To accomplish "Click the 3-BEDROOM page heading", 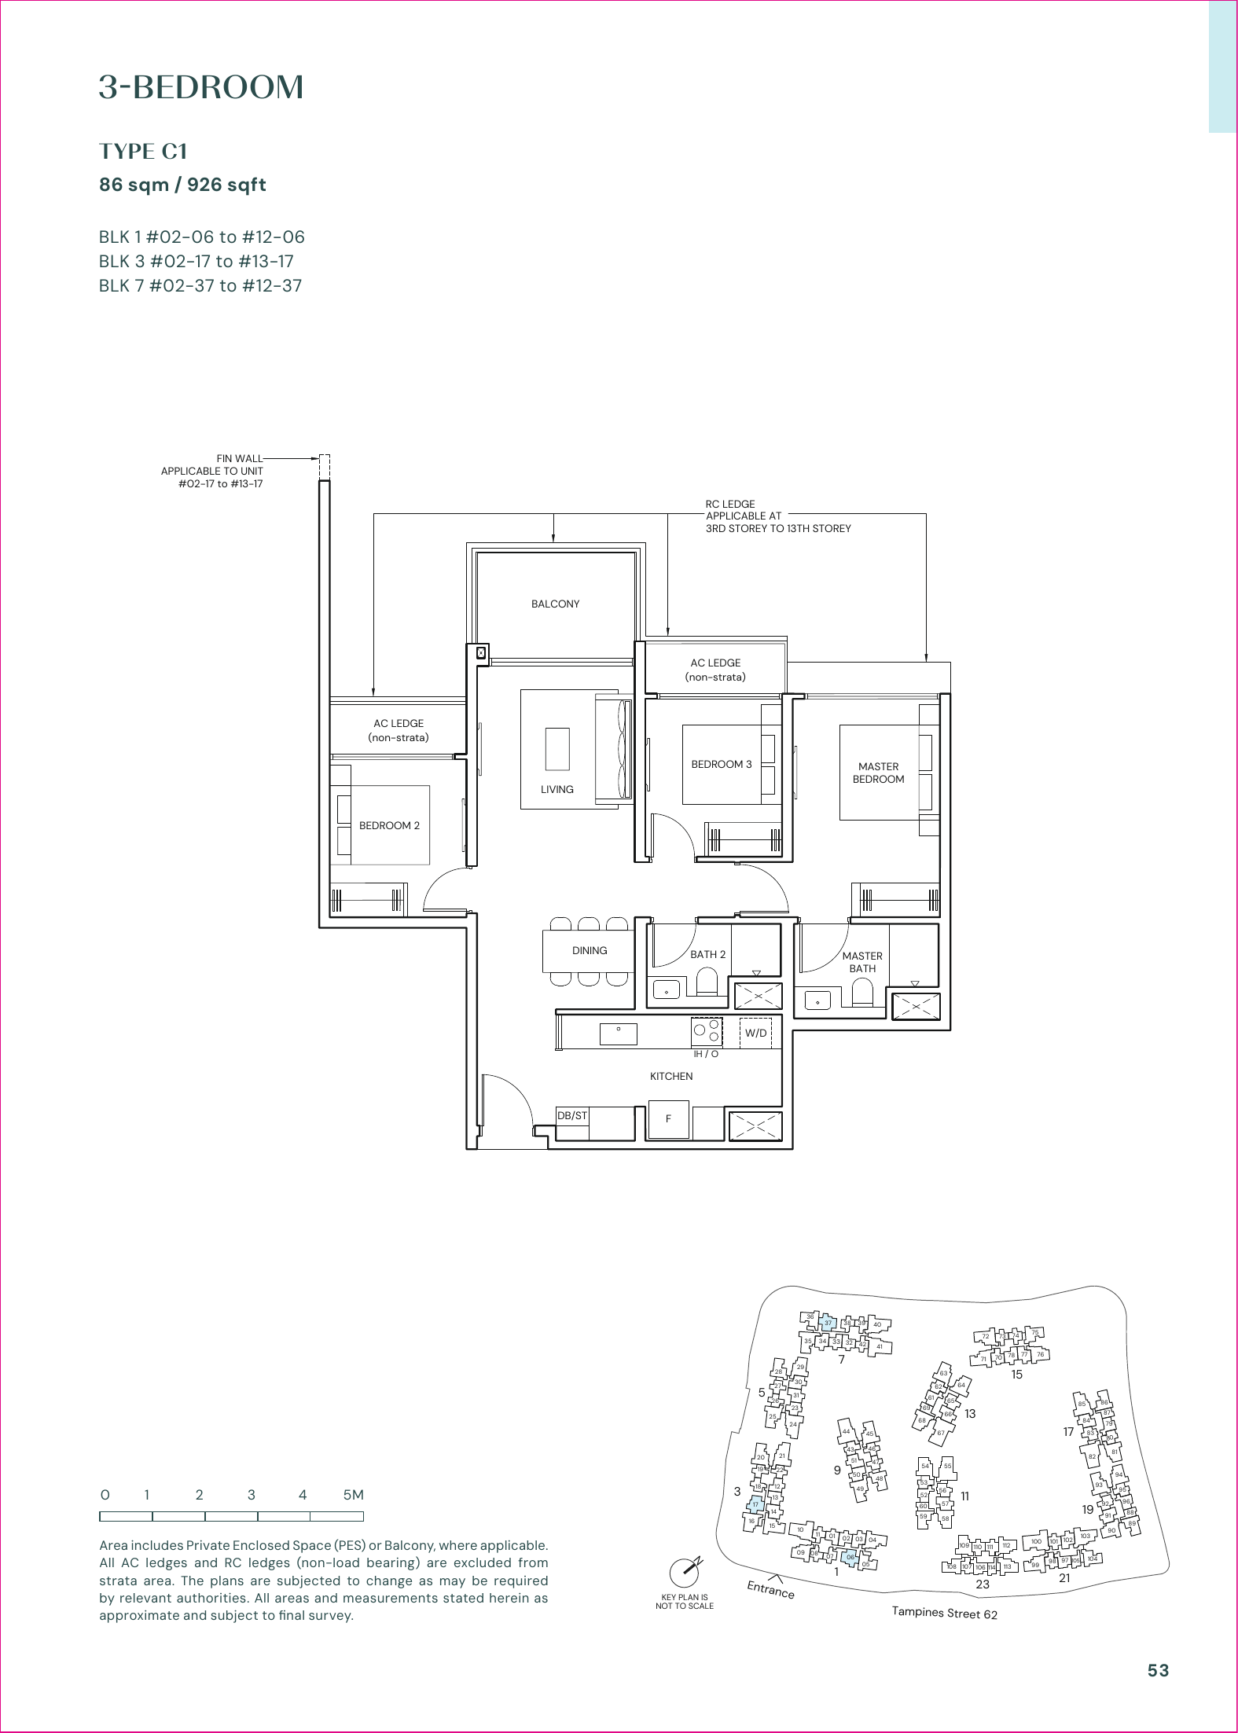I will click(201, 87).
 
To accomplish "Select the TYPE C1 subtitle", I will click(143, 151).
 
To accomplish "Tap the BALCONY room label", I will click(555, 604).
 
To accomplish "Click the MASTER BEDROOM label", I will click(878, 773).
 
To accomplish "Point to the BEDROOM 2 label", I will click(389, 825).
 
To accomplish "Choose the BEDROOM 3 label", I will click(721, 764).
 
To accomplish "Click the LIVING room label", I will click(557, 789).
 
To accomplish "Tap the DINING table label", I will click(590, 950).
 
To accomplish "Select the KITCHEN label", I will click(671, 1076).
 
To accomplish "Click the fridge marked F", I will click(668, 1118).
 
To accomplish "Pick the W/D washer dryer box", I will click(755, 1033).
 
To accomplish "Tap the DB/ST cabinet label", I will click(572, 1115).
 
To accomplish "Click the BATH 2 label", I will click(707, 954).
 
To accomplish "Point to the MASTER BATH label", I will click(862, 962).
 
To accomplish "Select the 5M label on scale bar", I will click(353, 1495).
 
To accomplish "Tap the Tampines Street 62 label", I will click(944, 1613).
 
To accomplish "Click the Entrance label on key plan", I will click(770, 1590).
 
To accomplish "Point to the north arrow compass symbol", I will click(685, 1572).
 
